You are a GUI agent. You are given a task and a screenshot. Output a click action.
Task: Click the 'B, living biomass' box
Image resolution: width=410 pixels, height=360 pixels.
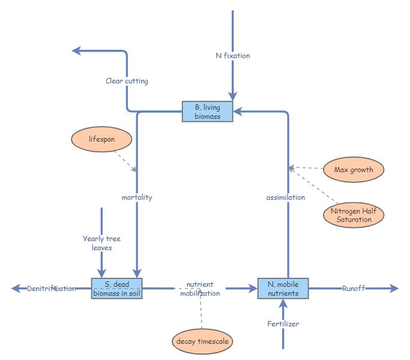207,112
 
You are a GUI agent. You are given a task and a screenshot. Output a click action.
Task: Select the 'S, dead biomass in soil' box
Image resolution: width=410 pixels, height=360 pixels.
116,289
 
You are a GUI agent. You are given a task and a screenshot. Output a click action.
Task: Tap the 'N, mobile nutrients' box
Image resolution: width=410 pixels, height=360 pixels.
283,289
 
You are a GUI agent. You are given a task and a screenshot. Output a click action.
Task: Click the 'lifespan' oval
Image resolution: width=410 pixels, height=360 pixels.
101,139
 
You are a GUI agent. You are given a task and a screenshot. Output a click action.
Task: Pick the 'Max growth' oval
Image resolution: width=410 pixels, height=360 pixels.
354,170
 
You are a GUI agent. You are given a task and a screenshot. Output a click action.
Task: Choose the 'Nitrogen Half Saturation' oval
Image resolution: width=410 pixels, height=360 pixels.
354,215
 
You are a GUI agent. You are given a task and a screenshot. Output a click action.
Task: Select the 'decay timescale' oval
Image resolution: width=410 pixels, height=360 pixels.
202,341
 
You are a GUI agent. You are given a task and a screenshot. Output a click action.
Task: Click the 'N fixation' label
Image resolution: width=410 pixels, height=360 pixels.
233,56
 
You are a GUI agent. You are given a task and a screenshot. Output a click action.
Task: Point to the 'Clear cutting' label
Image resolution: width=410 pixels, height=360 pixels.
127,81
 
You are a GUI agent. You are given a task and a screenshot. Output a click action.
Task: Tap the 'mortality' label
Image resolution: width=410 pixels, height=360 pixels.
137,197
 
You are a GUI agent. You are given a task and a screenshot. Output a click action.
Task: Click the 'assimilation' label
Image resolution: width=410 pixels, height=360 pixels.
286,197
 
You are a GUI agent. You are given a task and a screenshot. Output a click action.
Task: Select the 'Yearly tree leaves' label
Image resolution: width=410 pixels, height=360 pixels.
101,243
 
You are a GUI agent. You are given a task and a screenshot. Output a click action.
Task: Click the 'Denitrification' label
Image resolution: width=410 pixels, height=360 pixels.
52,289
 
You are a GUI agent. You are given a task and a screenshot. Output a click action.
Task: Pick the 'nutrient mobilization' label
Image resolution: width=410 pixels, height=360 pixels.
200,289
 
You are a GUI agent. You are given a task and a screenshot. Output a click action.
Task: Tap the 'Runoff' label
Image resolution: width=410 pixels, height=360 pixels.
354,289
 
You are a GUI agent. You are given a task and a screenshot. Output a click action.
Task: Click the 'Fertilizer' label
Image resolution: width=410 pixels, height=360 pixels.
283,324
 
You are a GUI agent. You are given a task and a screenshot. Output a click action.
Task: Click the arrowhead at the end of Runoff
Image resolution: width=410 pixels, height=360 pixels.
394,289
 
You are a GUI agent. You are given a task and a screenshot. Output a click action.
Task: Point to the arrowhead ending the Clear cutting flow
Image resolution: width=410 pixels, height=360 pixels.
77,51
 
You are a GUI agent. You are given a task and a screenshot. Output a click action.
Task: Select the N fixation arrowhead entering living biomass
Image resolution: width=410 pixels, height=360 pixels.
233,96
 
